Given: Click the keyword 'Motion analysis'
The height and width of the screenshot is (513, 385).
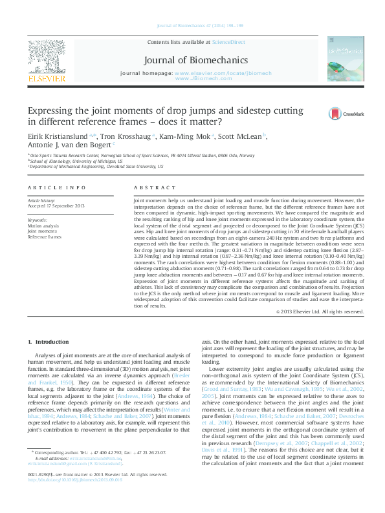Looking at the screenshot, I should pyautogui.click(x=43, y=226).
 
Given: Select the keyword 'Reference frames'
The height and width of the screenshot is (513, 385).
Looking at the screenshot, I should pyautogui.click(x=45, y=236).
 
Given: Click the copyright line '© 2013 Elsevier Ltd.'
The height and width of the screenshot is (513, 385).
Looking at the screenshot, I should pyautogui.click(x=320, y=311).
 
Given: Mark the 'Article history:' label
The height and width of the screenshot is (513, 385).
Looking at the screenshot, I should pyautogui.click(x=41, y=201).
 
